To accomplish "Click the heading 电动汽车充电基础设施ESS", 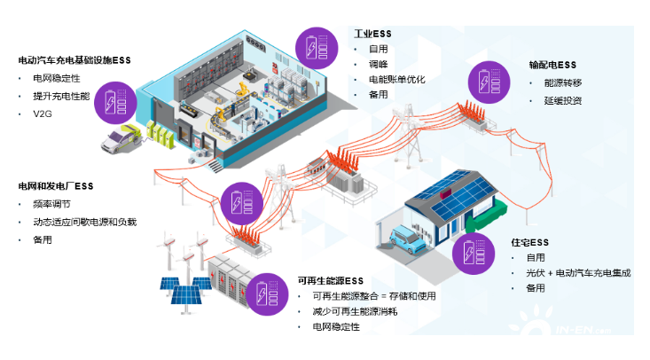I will click(x=74, y=60).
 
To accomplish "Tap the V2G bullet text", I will click(x=42, y=113).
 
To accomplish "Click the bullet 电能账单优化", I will click(x=397, y=79).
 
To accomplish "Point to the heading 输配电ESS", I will click(x=552, y=65).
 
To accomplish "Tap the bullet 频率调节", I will click(x=51, y=204).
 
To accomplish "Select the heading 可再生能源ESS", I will click(x=331, y=280).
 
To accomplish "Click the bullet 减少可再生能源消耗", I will click(x=355, y=311).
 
